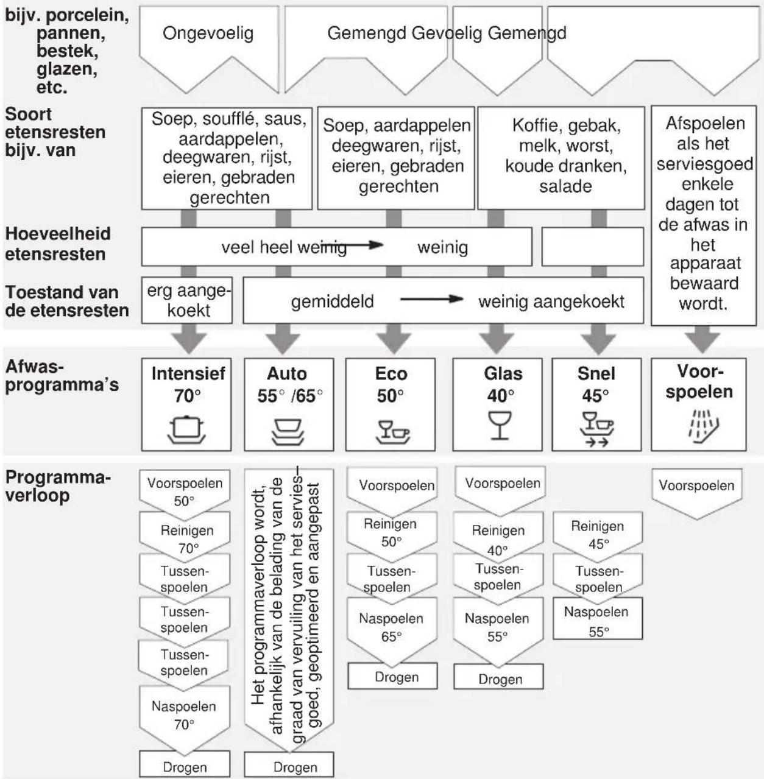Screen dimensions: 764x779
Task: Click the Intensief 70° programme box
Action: coord(186,404)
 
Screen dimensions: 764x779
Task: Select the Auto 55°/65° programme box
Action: coord(289,404)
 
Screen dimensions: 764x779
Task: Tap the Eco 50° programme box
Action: coord(391,404)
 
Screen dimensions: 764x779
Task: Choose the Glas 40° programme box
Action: coord(498,404)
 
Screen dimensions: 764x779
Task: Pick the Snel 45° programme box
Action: coord(596,404)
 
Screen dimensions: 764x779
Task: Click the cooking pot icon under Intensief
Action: coord(186,429)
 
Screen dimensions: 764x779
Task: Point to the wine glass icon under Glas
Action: coord(500,425)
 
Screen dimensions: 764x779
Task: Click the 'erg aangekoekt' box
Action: coord(187,300)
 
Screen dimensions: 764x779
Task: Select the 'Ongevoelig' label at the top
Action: coord(208,33)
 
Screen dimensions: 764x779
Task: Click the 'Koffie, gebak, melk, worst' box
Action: coord(561,158)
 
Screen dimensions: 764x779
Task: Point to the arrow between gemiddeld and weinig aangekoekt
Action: coord(431,299)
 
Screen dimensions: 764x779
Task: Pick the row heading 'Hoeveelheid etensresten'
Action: coord(58,244)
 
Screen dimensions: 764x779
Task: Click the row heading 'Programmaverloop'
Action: coord(58,486)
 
